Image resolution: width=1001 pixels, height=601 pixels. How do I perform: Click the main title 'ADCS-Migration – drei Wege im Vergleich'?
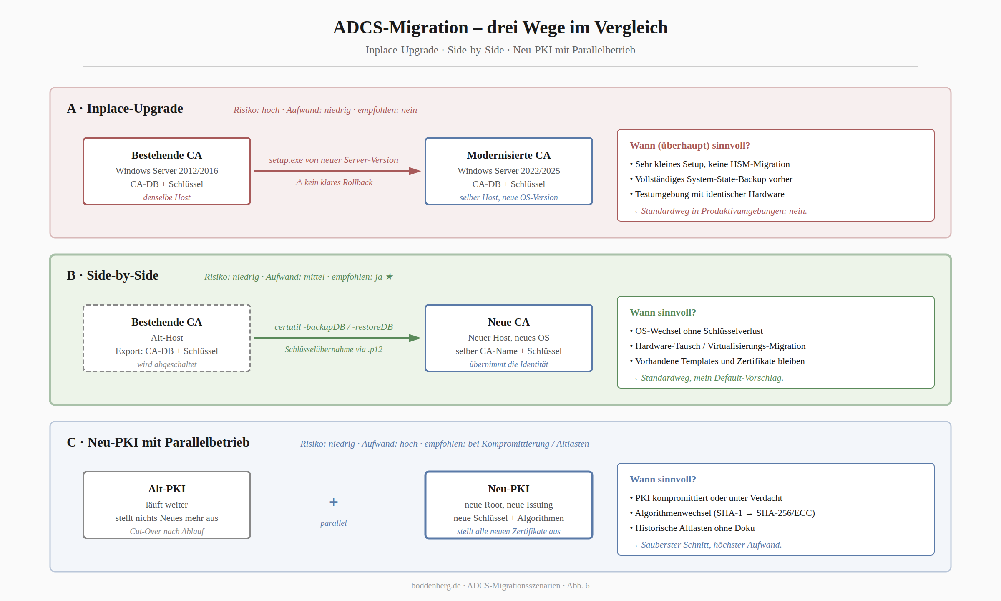[x=500, y=28]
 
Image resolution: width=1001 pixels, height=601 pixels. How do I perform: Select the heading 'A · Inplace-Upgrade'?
[x=125, y=109]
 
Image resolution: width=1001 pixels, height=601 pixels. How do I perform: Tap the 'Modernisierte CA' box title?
[x=508, y=155]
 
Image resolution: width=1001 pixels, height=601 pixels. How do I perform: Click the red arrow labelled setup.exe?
[x=337, y=171]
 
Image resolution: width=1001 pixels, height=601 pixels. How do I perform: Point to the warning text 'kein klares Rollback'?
[x=338, y=183]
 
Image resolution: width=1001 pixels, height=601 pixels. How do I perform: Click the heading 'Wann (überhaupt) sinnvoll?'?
[x=690, y=146]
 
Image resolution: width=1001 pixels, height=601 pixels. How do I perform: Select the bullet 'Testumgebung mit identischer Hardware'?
[x=707, y=194]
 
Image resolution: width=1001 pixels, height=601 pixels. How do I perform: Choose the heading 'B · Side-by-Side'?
[x=113, y=275]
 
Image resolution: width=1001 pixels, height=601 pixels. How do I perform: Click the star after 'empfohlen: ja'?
[x=389, y=277]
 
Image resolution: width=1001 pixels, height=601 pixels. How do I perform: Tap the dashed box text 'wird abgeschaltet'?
[x=167, y=364]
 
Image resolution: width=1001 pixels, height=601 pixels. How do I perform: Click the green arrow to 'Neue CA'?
[x=337, y=338]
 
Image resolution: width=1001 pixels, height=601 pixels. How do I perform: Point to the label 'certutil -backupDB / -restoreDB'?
[x=334, y=327]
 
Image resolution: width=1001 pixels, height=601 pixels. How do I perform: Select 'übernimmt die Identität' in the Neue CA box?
[x=509, y=364]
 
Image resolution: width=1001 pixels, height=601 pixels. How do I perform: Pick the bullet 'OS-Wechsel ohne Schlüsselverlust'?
[x=697, y=331]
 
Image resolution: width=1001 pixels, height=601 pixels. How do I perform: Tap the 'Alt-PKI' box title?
[x=167, y=489]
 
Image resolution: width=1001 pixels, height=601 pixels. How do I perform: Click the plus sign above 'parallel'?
[x=334, y=502]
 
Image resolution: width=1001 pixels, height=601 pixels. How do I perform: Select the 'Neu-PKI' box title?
[x=509, y=489]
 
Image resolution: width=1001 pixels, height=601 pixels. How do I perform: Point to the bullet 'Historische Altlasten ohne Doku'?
[x=692, y=528]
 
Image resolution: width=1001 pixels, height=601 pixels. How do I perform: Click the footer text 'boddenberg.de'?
[x=436, y=586]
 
